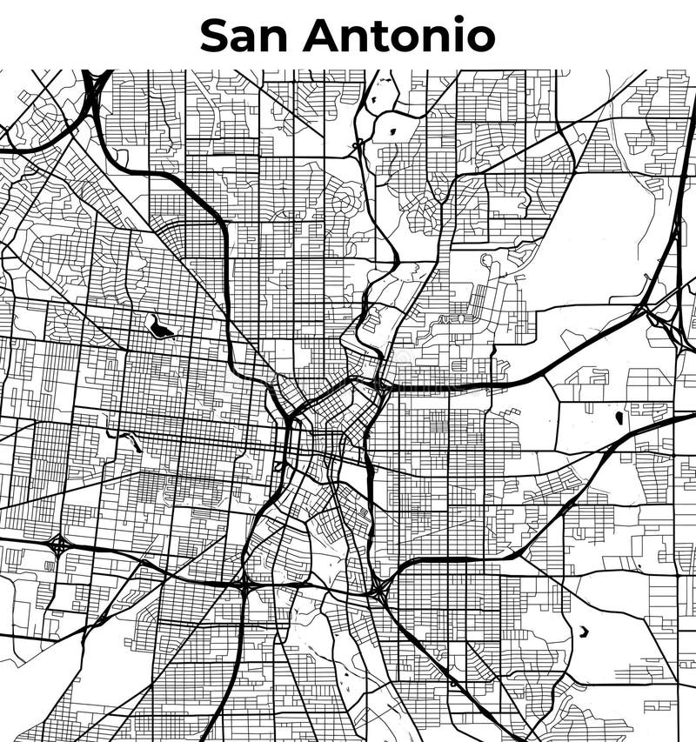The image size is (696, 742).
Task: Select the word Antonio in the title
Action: pos(399,35)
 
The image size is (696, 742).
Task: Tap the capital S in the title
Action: pos(216,35)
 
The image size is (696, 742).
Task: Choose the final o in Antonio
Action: pos(478,38)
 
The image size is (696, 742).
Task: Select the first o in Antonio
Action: pos(409,38)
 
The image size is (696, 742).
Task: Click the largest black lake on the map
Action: pos(161,327)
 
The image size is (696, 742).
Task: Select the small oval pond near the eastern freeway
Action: pos(619,418)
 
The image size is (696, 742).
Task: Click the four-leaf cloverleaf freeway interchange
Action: pos(59,546)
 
